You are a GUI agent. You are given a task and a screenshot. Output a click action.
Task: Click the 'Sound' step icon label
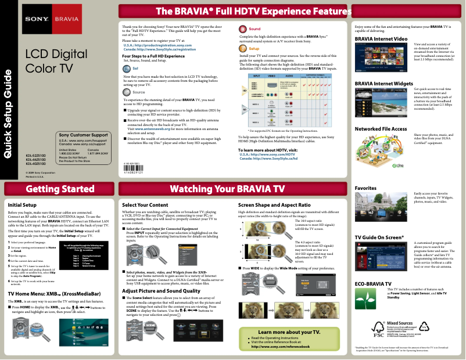pos(254,28)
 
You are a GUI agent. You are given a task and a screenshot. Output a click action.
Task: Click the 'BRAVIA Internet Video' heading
pos(381,38)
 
